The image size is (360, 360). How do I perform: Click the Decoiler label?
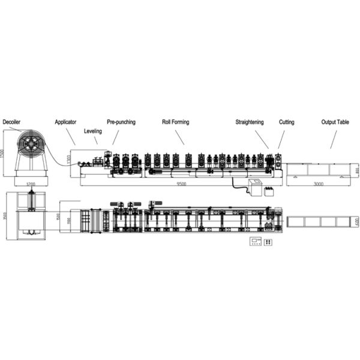click(11, 122)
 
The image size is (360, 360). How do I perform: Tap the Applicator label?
click(65, 122)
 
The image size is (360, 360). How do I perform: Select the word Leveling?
click(92, 130)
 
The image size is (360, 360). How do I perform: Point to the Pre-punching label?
click(121, 122)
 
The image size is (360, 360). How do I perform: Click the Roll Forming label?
click(175, 122)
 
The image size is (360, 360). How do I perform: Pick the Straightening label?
click(250, 122)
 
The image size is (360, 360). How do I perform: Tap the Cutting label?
click(286, 122)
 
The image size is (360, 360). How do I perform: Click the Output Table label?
click(335, 122)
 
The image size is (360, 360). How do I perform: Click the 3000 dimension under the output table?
click(317, 185)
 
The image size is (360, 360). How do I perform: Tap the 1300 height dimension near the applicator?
click(70, 160)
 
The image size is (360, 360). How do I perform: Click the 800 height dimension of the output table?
click(356, 170)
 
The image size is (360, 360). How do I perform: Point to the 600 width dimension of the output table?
click(356, 221)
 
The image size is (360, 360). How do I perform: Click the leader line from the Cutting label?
click(281, 138)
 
